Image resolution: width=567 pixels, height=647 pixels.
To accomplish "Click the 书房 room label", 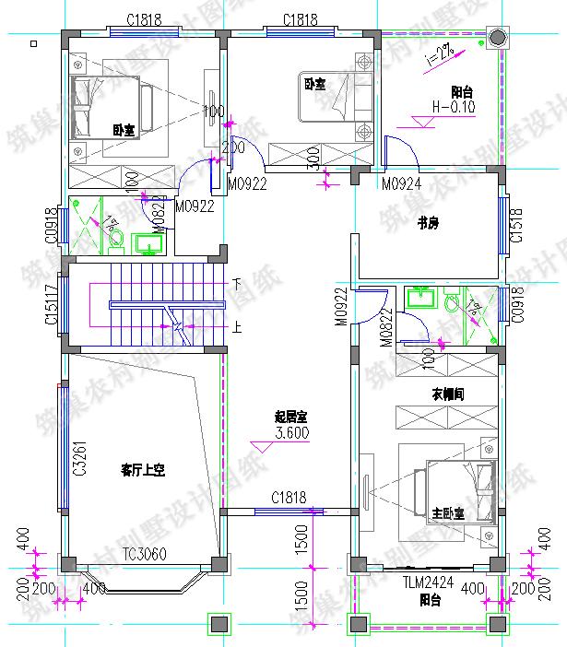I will [x=427, y=222].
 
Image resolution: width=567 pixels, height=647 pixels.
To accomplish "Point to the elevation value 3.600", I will [x=292, y=432].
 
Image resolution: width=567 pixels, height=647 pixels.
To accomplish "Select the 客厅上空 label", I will [x=142, y=470].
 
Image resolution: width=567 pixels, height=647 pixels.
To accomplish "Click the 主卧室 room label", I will [x=447, y=512].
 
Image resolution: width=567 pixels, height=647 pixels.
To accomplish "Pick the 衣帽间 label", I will [x=447, y=394].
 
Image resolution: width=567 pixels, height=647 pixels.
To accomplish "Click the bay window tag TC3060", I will [x=145, y=553].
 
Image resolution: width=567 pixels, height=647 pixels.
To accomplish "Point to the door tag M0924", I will [x=402, y=183].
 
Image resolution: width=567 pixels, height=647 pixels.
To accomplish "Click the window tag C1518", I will [x=516, y=226].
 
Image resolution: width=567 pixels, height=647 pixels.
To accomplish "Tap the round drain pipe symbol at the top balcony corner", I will [x=497, y=38].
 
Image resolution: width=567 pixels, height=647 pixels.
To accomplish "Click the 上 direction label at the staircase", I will [x=237, y=325].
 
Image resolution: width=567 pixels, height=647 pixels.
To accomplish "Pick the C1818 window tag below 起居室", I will [x=289, y=498].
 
